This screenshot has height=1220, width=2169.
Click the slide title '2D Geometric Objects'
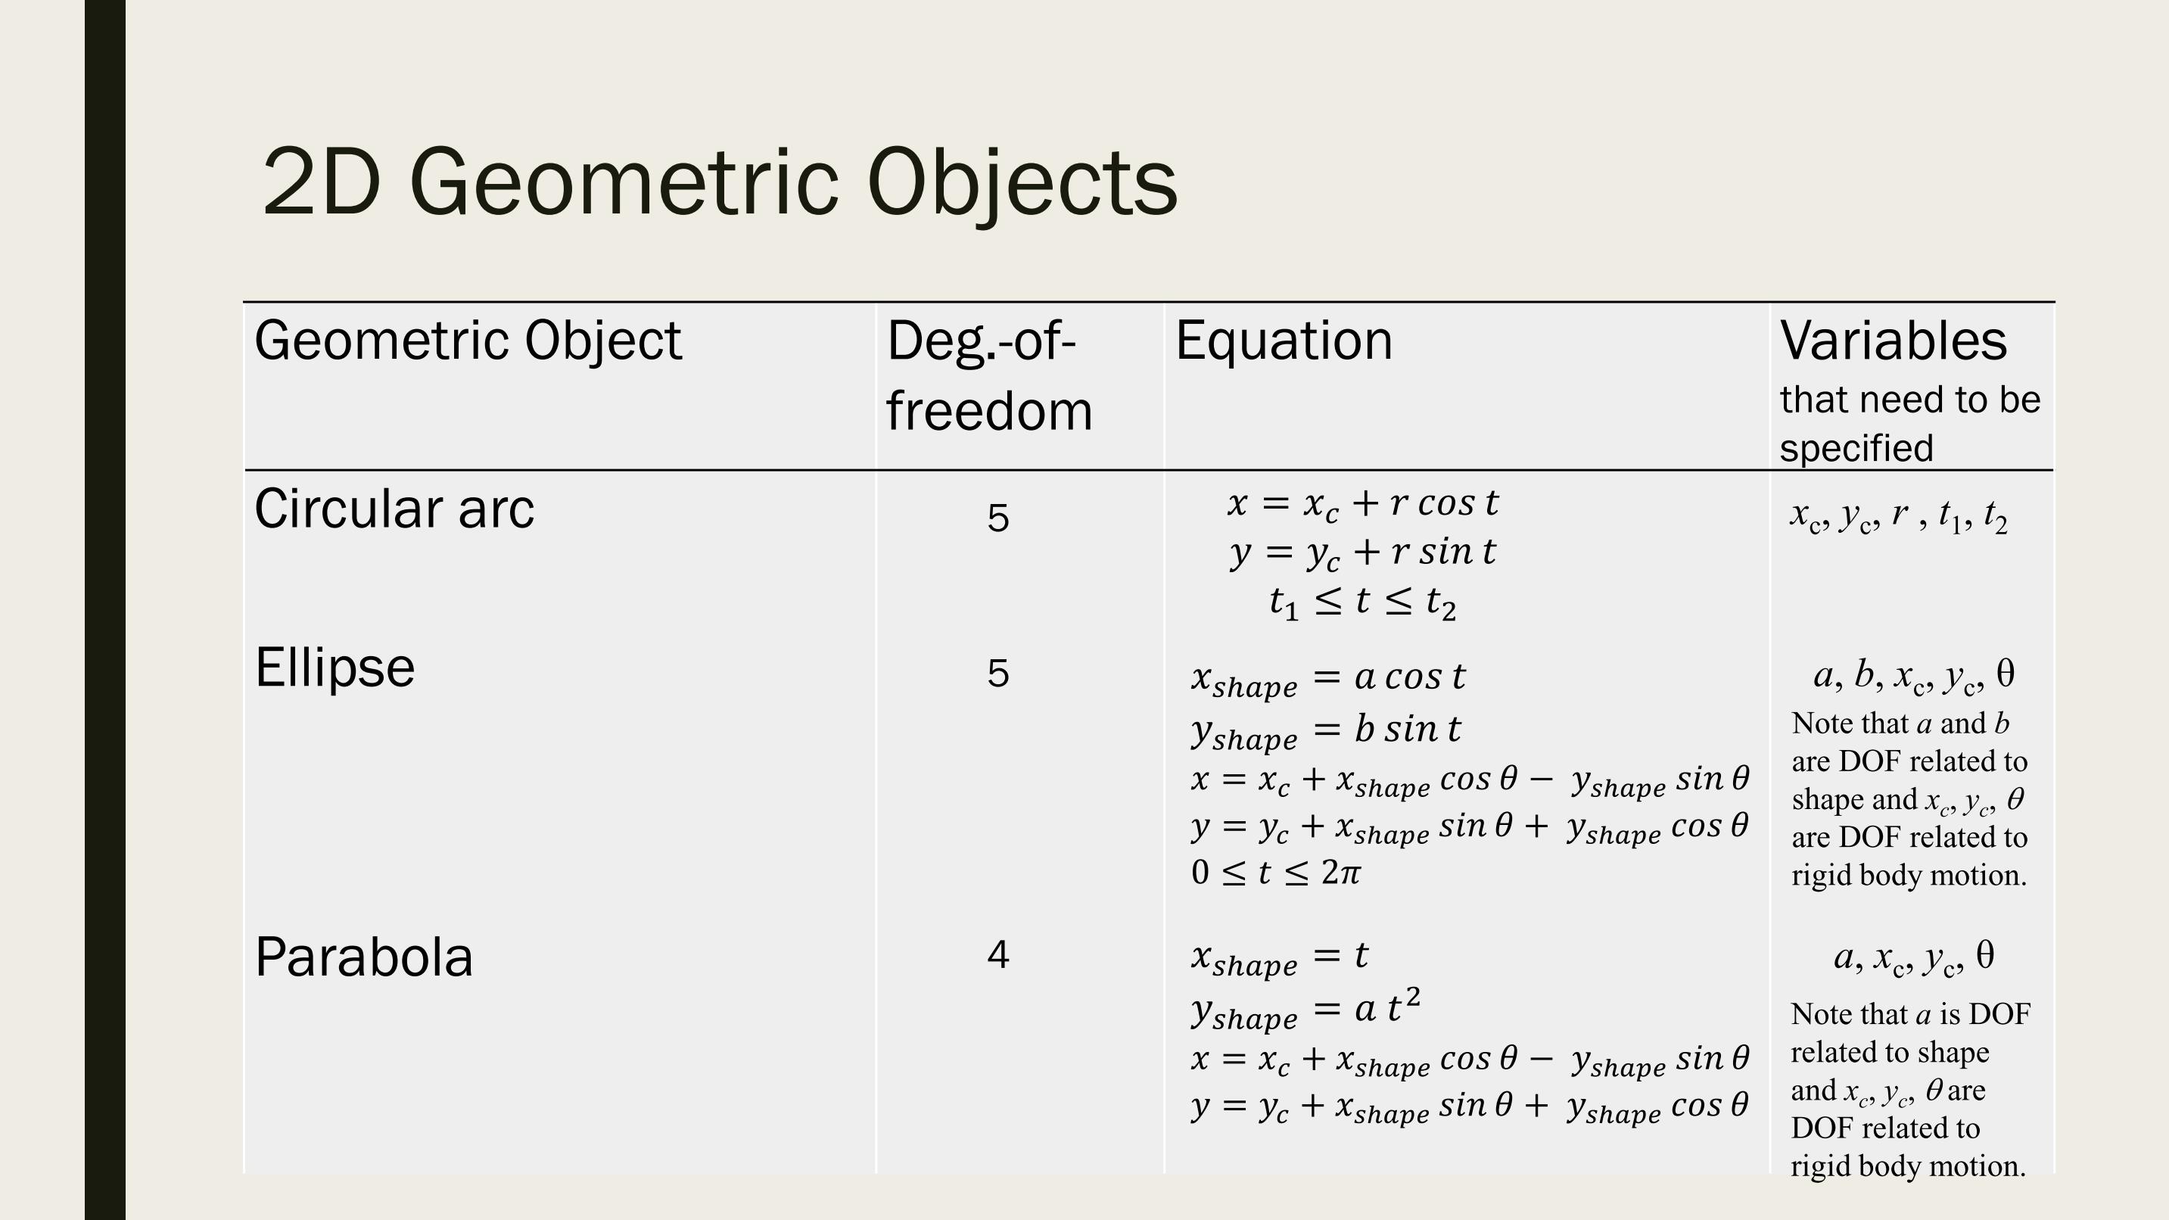720,182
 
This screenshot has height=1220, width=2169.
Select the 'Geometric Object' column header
468,341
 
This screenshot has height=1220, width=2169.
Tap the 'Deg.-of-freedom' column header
989,375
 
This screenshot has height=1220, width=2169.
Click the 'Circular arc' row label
394,509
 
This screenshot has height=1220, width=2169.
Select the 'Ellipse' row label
335,668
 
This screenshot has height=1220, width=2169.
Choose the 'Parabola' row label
364,957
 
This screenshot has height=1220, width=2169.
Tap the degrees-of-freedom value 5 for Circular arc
997,518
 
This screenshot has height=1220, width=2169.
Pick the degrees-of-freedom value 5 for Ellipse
997,674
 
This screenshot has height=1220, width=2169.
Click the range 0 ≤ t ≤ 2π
1276,873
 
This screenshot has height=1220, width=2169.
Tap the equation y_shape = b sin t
1326,731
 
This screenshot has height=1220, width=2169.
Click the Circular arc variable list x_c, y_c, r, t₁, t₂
1899,516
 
